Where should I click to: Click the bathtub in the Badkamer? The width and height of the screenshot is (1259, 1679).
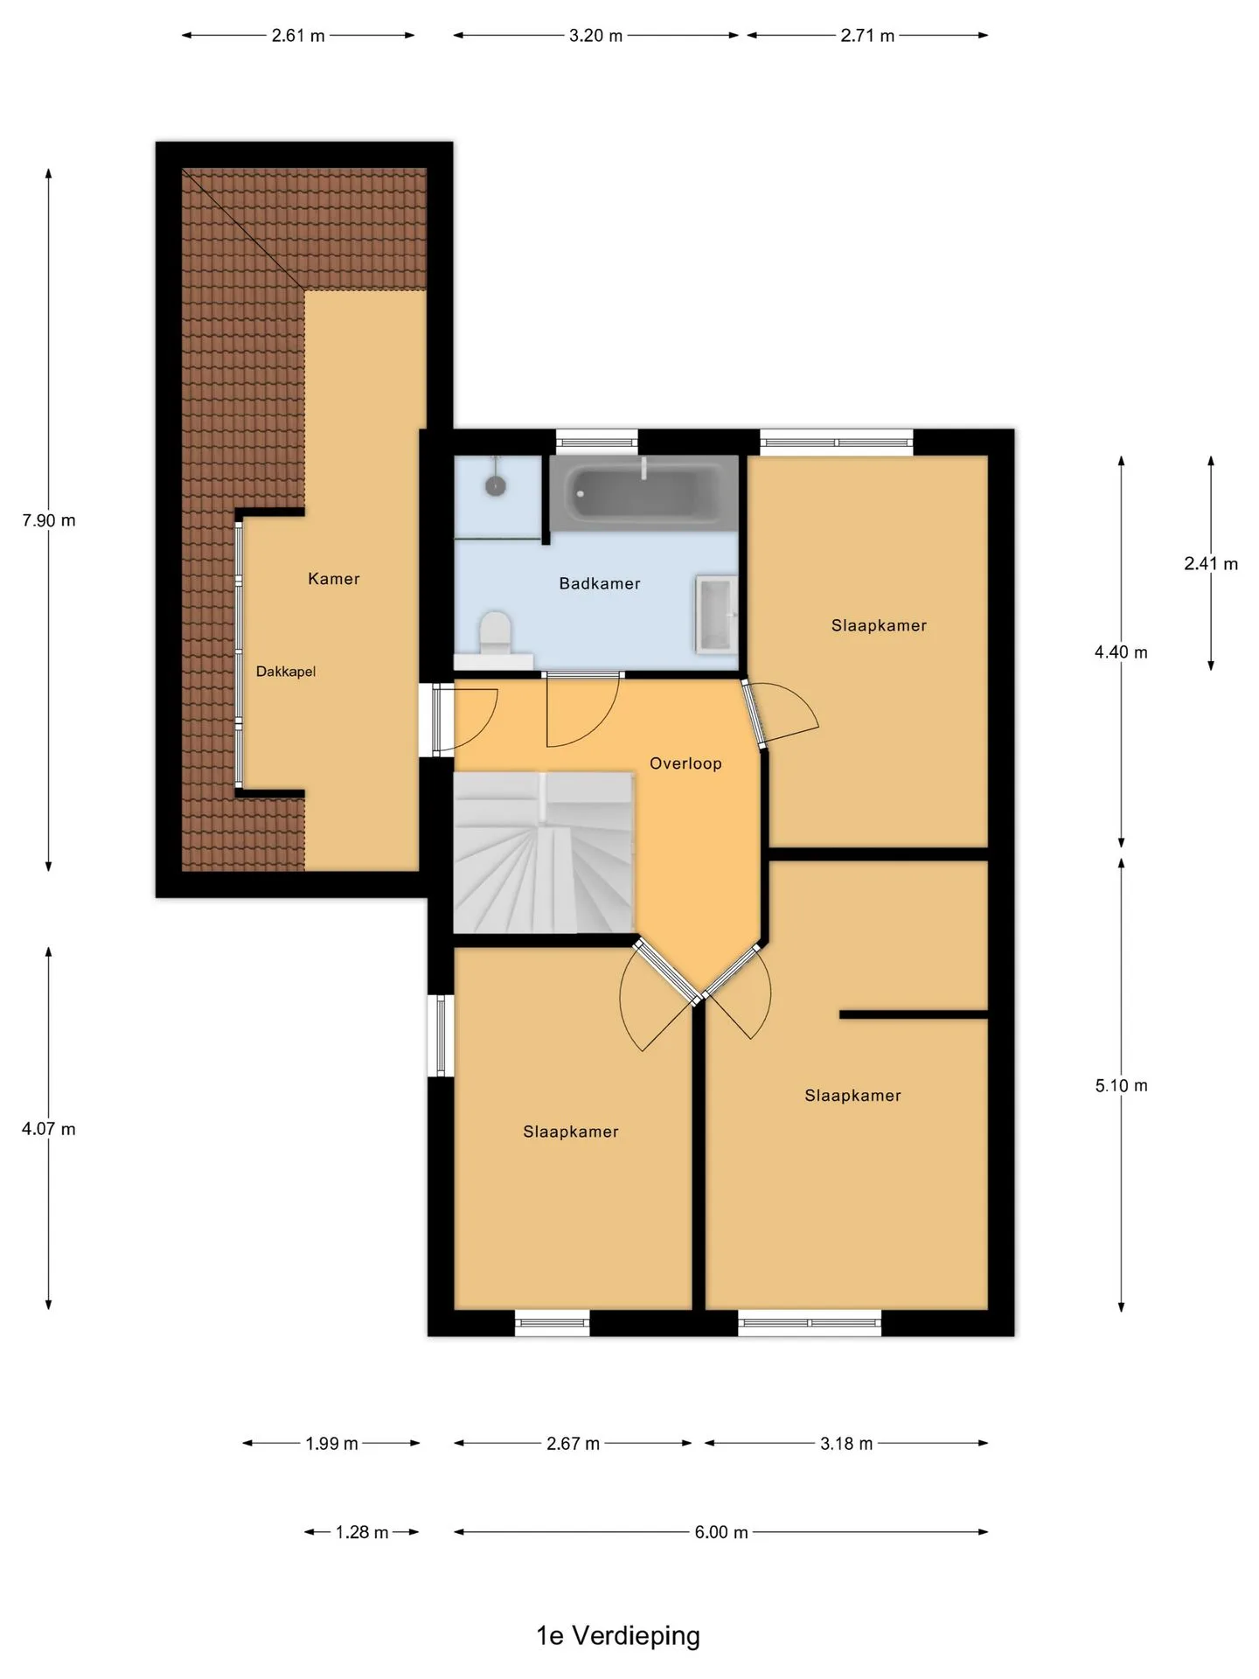point(643,492)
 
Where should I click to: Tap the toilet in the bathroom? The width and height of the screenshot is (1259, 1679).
point(495,633)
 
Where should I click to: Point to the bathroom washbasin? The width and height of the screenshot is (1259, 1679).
point(716,614)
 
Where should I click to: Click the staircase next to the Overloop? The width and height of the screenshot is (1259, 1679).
point(543,852)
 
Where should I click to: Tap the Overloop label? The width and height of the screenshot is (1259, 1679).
point(685,763)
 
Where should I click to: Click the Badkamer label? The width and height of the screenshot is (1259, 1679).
point(600,583)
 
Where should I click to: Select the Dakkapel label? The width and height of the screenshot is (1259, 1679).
point(286,672)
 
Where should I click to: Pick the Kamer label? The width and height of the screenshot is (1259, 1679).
point(334,578)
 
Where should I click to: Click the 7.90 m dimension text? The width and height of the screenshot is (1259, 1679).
point(49,520)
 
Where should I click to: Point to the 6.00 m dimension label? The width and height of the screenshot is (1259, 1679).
point(721,1532)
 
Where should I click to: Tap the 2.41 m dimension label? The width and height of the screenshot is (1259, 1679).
point(1211,564)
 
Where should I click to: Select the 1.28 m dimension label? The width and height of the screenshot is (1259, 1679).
point(362,1532)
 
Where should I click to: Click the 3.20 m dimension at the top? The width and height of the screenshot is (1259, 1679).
point(596,36)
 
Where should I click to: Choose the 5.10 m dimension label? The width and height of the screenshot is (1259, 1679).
point(1122,1085)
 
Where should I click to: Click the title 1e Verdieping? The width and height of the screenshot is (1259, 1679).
point(618,1635)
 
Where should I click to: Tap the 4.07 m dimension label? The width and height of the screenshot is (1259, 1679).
point(49,1129)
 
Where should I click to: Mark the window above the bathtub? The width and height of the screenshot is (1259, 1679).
point(597,442)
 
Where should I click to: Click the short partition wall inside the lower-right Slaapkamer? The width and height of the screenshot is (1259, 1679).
point(914,1014)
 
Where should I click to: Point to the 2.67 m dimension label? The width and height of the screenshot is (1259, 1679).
point(574,1444)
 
